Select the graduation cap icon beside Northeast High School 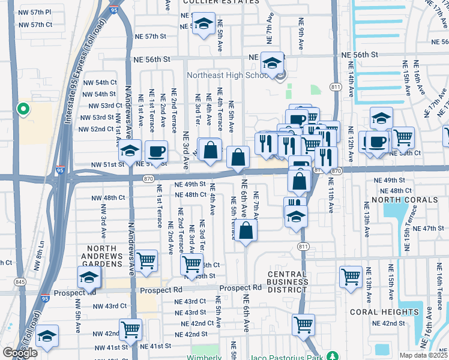(x=272, y=62)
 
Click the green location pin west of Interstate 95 (x=23, y=109)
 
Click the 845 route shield (x=20, y=282)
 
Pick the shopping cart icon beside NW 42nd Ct (x=130, y=328)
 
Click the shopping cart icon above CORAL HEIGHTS (x=351, y=276)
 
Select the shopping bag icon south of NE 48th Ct (x=246, y=230)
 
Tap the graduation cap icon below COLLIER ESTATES (x=204, y=24)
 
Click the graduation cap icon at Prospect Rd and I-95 (x=88, y=277)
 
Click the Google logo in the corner (x=20, y=353)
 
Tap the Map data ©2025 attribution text (x=423, y=355)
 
